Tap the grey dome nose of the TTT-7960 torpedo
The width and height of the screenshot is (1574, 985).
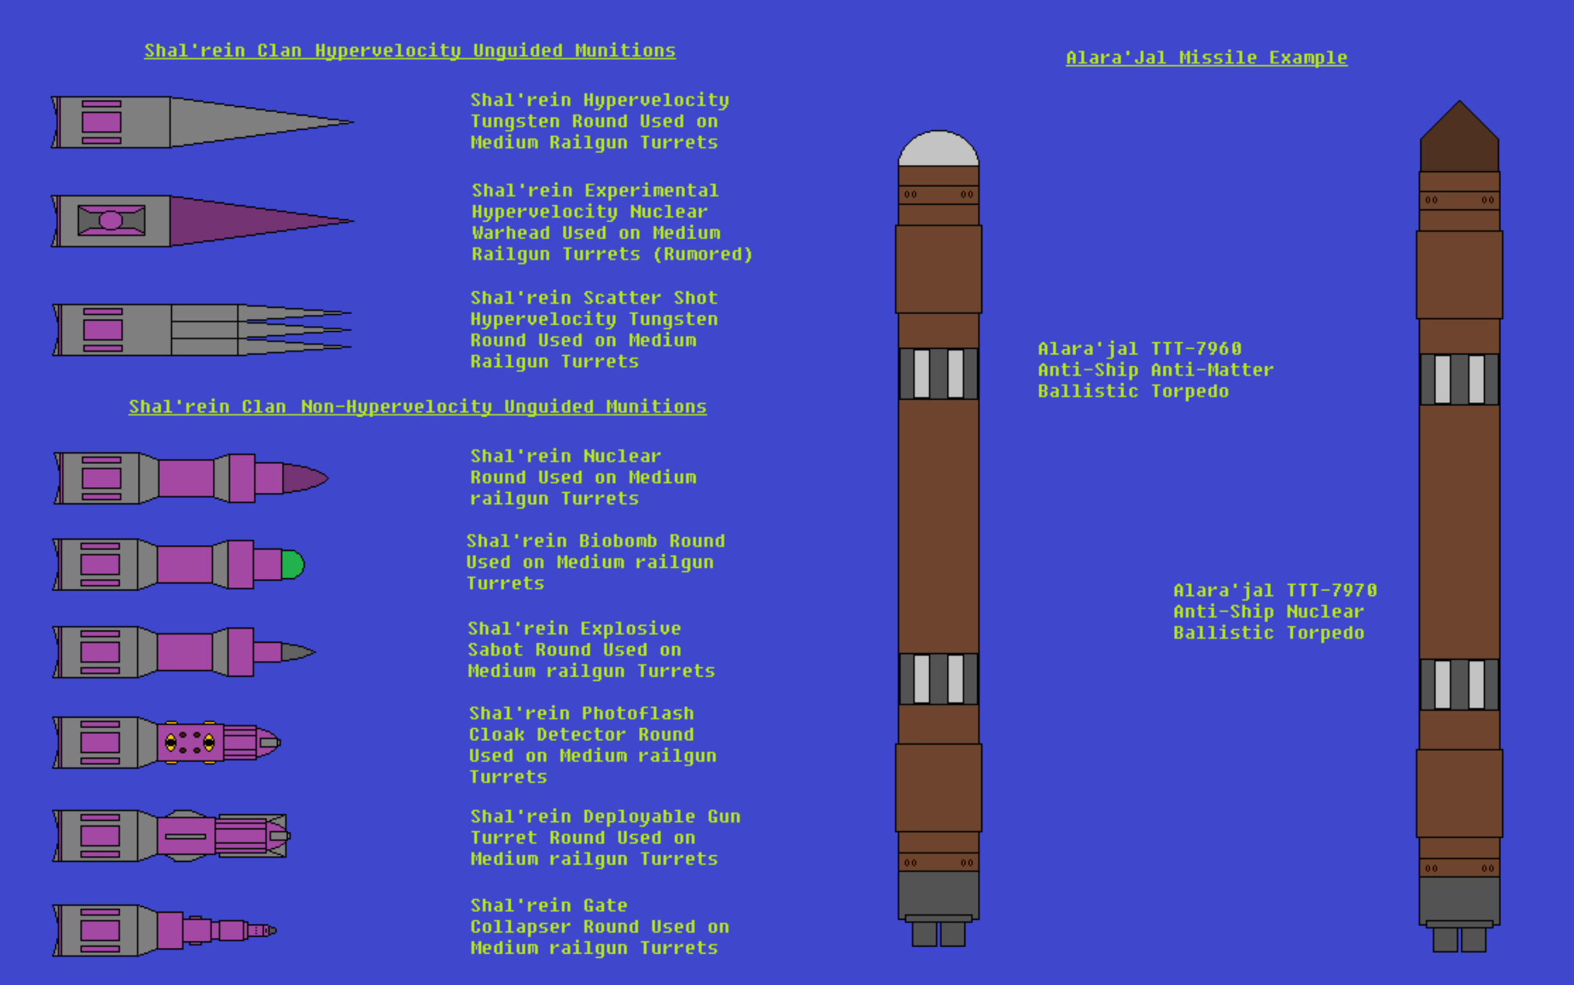pos(938,149)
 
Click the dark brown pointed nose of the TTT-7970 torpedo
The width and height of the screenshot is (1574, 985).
pos(1459,137)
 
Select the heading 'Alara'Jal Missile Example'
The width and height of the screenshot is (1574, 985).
pos(1206,58)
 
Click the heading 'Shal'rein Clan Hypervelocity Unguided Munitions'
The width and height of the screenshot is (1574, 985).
pos(410,51)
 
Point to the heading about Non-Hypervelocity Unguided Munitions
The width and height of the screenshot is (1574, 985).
pos(417,407)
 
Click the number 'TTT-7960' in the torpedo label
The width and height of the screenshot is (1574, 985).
pos(1196,349)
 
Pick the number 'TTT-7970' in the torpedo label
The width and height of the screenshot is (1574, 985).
pos(1332,590)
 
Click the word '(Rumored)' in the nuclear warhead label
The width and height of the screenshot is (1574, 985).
pos(703,254)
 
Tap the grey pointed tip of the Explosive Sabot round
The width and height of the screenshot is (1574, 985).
pos(298,651)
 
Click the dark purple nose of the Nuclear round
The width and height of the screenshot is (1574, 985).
pos(305,478)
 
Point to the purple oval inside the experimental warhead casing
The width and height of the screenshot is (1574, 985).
pos(111,220)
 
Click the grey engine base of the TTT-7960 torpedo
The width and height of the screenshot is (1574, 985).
pos(938,895)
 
